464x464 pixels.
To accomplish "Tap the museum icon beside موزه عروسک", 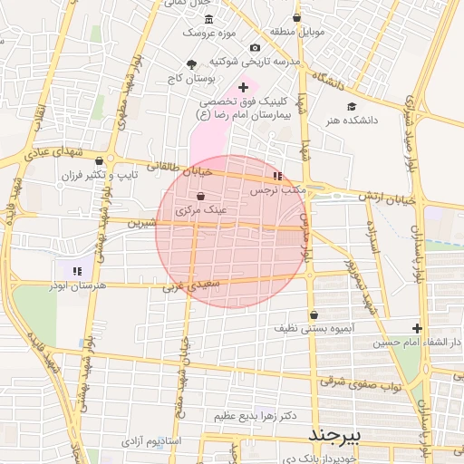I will tap(209, 20).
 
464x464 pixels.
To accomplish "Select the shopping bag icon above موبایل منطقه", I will tap(297, 18).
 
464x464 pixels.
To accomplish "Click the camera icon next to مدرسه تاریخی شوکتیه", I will tap(255, 48).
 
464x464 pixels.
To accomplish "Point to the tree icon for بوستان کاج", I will tap(190, 63).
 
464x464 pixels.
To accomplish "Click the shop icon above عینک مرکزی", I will tap(200, 196).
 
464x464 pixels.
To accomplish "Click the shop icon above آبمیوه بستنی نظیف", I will tap(314, 314).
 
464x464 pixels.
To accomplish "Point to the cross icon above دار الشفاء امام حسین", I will tap(417, 328).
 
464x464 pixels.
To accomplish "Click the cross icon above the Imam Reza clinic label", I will tap(242, 86).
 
